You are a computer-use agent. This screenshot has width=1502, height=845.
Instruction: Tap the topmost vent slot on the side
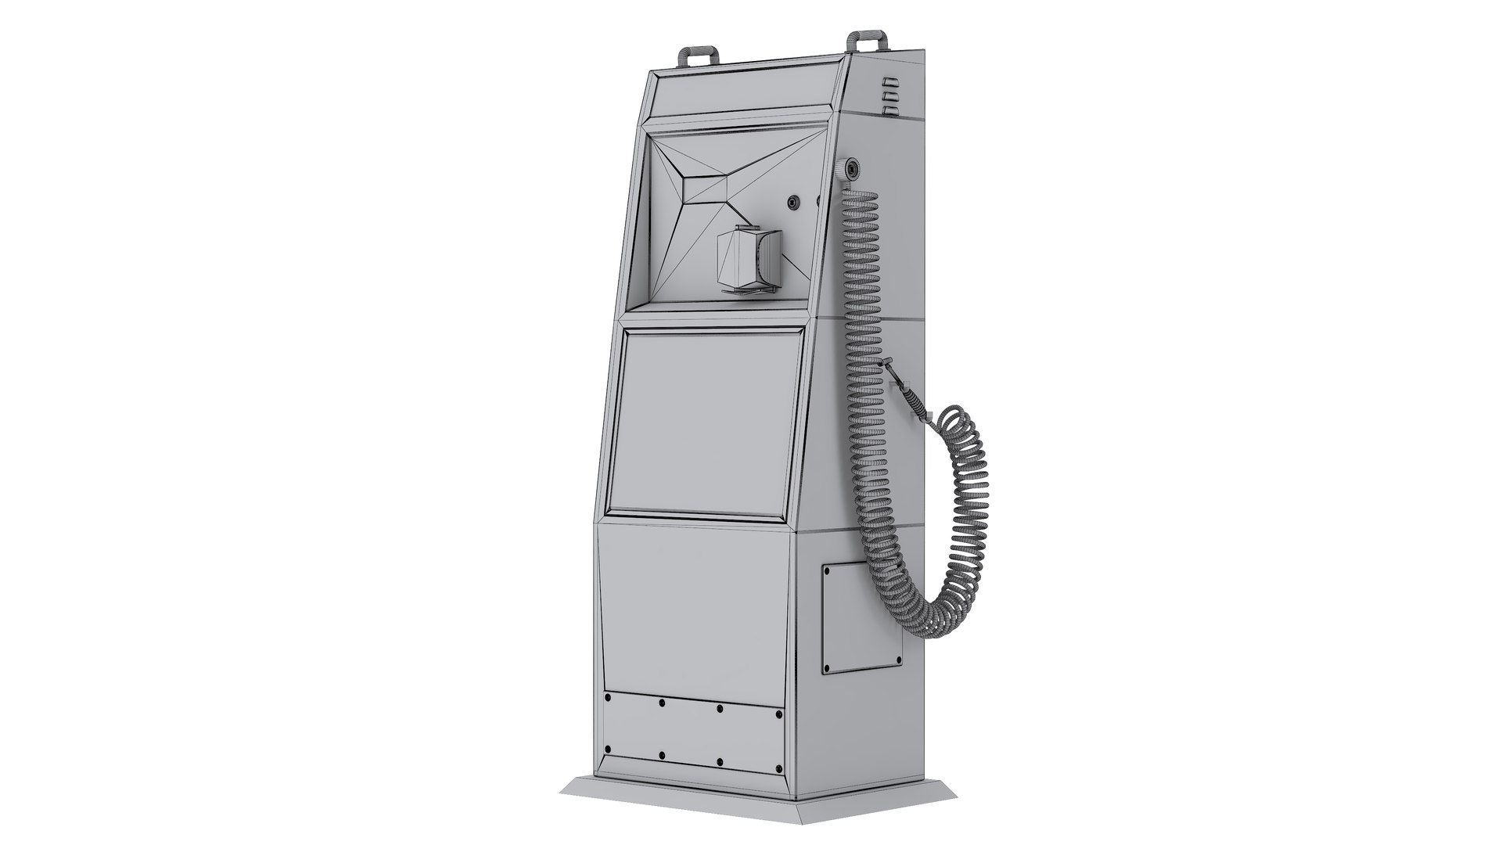888,81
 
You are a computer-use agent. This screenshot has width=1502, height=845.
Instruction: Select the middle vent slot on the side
889,95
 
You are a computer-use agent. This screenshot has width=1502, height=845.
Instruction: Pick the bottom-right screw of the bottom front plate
778,787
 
